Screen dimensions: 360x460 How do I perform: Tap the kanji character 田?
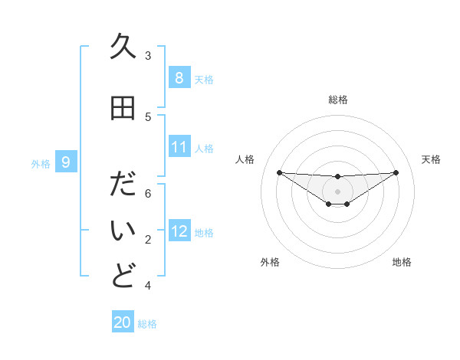click(x=123, y=109)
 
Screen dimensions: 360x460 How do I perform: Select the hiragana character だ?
click(x=123, y=186)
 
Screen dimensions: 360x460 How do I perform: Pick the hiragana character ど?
click(x=123, y=277)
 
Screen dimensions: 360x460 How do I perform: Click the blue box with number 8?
click(x=179, y=78)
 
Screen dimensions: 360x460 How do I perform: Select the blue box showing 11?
click(x=179, y=147)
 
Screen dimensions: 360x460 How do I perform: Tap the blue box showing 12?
click(x=179, y=231)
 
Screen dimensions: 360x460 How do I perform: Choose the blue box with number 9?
click(x=66, y=162)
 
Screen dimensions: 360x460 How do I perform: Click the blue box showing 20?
click(x=123, y=322)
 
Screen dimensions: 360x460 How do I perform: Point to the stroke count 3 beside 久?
click(x=148, y=56)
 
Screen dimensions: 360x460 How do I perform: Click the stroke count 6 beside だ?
click(x=148, y=194)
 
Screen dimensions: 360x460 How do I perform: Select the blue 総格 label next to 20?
click(x=147, y=324)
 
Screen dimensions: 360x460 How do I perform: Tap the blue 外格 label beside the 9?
click(x=41, y=163)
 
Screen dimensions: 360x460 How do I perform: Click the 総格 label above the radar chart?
click(x=337, y=100)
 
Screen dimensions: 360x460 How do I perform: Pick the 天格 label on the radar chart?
click(x=431, y=159)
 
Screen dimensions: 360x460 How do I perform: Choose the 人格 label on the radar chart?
click(x=245, y=159)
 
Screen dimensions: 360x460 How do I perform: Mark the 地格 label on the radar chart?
click(x=402, y=262)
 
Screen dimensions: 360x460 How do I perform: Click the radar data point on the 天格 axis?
click(x=396, y=172)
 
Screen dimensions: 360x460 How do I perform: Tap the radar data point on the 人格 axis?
click(x=279, y=172)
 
